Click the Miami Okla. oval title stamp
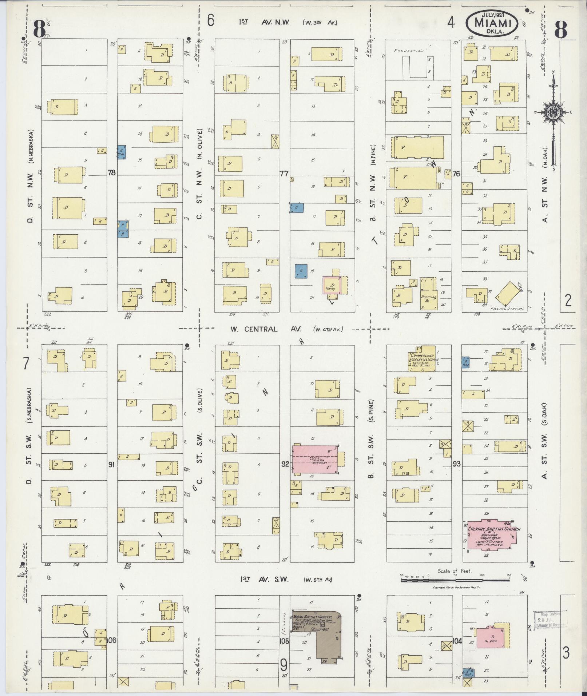coord(491,23)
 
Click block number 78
coord(111,173)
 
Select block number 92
coord(285,464)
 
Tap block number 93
coord(456,464)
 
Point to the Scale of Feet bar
coord(455,580)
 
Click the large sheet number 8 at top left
coord(39,29)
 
